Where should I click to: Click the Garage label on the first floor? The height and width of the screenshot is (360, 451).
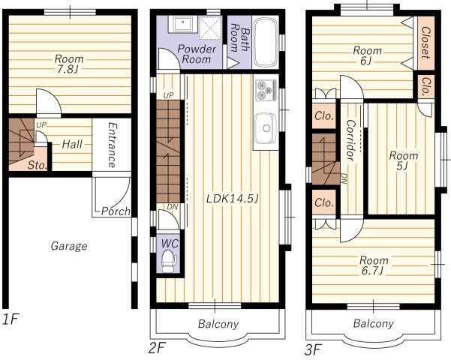tap(69, 246)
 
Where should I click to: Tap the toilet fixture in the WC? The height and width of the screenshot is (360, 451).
tap(169, 261)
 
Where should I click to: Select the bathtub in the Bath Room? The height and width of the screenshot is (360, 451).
tap(266, 42)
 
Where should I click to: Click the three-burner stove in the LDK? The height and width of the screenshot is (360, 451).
tap(266, 90)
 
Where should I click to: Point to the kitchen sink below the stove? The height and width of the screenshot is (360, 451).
tap(265, 128)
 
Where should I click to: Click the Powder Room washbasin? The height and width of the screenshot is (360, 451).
tap(183, 24)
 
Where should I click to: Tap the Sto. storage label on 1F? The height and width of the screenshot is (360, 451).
tap(38, 165)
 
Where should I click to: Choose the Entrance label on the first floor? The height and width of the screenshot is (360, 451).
tap(112, 145)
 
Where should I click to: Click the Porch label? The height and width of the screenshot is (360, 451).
tap(116, 211)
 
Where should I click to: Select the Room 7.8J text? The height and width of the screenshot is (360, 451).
tap(69, 64)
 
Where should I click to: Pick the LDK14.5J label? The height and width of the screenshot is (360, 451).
tap(233, 198)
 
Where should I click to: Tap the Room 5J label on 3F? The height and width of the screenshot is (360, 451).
tap(404, 160)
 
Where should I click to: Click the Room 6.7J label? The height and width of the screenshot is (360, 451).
tap(374, 265)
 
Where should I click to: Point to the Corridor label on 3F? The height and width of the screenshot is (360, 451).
tap(350, 140)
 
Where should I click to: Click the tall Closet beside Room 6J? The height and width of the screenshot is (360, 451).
tap(425, 43)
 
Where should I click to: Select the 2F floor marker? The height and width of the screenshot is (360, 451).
tap(158, 349)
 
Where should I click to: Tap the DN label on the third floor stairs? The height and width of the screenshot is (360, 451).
tap(344, 178)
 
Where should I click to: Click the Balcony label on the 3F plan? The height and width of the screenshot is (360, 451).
tap(373, 323)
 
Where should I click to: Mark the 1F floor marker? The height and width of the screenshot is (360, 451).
tap(11, 319)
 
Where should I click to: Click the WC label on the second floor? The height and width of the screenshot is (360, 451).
tap(170, 244)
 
